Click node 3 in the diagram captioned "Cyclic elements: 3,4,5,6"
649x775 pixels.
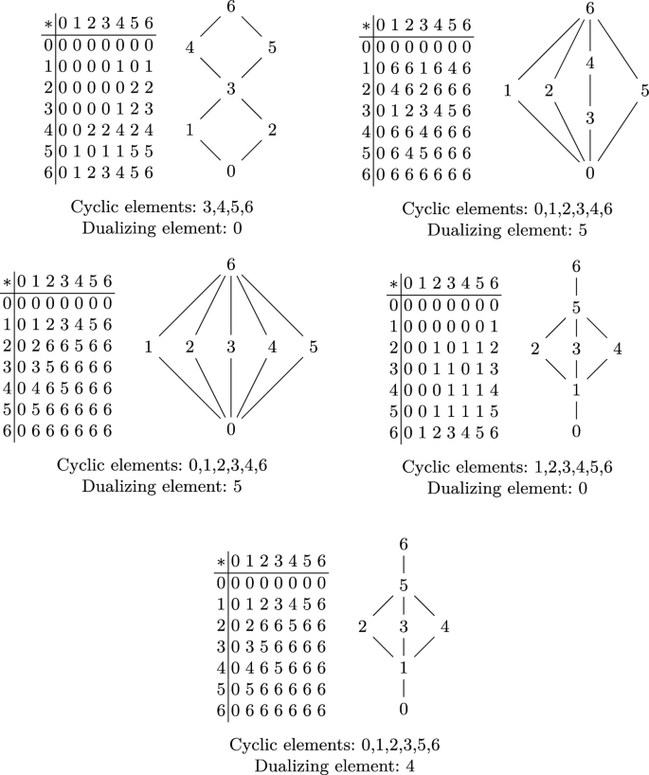click(230, 88)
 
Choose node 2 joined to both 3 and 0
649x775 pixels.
click(272, 130)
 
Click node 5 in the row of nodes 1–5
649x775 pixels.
click(314, 347)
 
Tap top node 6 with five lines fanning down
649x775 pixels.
click(231, 264)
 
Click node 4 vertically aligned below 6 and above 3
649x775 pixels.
click(589, 63)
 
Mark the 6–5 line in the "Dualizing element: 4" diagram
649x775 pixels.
click(404, 564)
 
